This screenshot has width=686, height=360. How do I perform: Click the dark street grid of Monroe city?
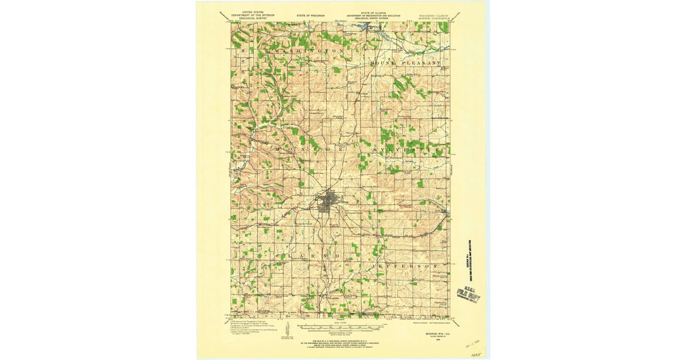coord(328,203)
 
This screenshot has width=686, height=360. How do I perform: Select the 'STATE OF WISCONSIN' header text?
coord(311,15)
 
